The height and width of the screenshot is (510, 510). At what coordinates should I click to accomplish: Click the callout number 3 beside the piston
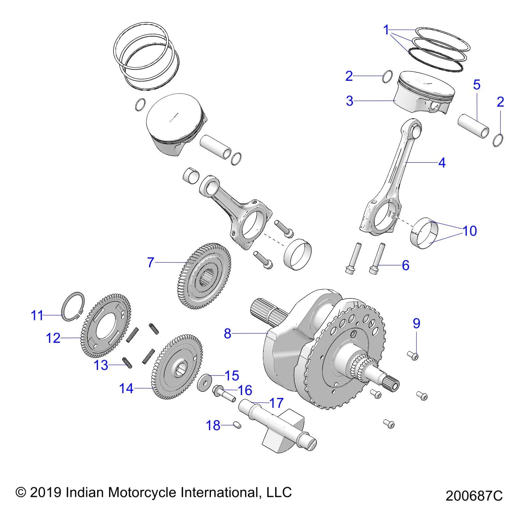pyautogui.click(x=350, y=101)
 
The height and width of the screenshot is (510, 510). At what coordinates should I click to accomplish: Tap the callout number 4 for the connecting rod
pyautogui.click(x=441, y=163)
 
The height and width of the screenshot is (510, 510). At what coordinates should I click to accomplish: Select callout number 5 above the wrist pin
pyautogui.click(x=477, y=85)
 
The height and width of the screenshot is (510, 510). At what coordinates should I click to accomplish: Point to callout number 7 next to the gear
pyautogui.click(x=151, y=262)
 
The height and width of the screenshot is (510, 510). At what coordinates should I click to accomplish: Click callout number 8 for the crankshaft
pyautogui.click(x=227, y=333)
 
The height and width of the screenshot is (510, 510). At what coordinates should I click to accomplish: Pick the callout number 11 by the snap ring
pyautogui.click(x=37, y=316)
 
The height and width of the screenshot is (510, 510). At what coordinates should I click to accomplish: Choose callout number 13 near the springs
pyautogui.click(x=101, y=365)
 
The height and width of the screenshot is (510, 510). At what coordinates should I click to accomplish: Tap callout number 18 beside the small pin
pyautogui.click(x=213, y=425)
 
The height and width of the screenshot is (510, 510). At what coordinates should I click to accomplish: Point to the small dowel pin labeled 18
pyautogui.click(x=237, y=425)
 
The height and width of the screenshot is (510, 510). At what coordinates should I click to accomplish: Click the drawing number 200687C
pyautogui.click(x=474, y=496)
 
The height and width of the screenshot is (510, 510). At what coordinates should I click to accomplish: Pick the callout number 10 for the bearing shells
pyautogui.click(x=469, y=230)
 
